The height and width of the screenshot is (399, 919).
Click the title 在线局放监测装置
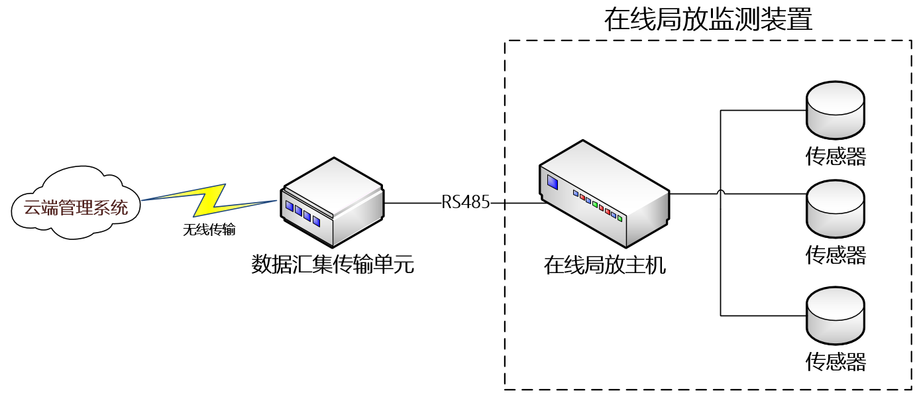click(708, 20)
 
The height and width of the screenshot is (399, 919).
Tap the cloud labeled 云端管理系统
click(76, 207)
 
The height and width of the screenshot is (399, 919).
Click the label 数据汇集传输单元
click(333, 264)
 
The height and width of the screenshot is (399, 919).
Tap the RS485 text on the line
click(466, 203)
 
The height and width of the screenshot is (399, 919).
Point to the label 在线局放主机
click(604, 266)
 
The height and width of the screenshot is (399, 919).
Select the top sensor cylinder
click(835, 109)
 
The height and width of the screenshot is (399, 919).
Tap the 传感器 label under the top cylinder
click(836, 156)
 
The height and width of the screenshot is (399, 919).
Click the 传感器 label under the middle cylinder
click(836, 255)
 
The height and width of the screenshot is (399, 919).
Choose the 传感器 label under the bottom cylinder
click(836, 362)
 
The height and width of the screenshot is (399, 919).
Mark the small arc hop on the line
click(720, 193)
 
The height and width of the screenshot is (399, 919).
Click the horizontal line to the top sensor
click(762, 109)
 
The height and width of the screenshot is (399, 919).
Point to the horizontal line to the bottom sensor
click(762, 315)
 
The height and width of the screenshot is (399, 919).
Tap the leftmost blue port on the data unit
click(290, 207)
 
